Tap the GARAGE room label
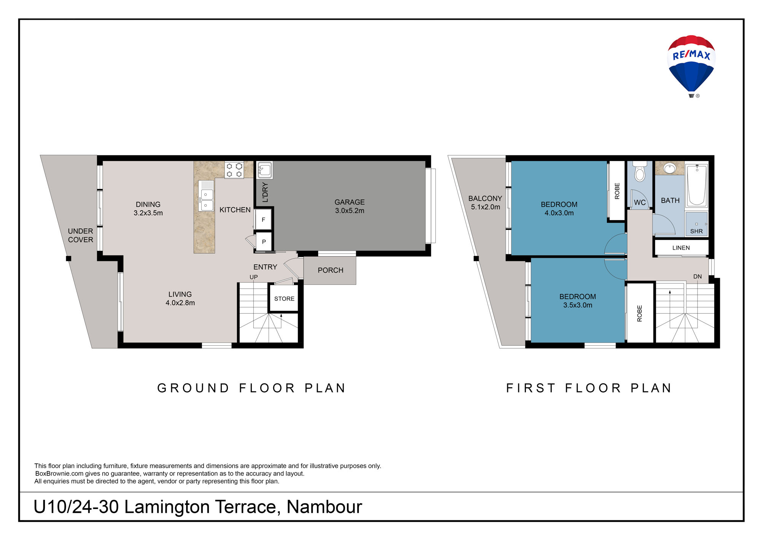tap(349, 202)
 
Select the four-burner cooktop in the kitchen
tap(234, 170)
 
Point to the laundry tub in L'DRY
tap(265, 170)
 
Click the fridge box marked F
tap(263, 220)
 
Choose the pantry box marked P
tap(264, 241)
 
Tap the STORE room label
tap(284, 299)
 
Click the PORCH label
tap(330, 270)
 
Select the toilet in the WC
tap(640, 171)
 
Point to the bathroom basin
tap(669, 168)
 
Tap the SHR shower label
tap(696, 231)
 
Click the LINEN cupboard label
tap(681, 248)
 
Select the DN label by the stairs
tap(697, 276)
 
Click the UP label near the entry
tap(253, 277)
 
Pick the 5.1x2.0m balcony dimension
tap(485, 207)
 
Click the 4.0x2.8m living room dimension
tap(180, 303)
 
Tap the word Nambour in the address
tap(324, 507)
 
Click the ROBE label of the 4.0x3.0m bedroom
tap(617, 191)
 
